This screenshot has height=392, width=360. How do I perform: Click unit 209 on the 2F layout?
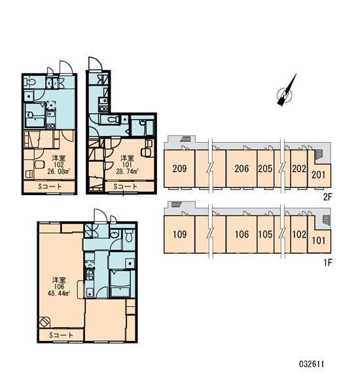[x=179, y=168]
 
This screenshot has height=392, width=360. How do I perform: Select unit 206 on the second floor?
[x=242, y=168]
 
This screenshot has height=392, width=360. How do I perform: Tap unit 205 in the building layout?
[x=265, y=168]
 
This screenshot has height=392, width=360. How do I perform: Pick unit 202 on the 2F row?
[x=299, y=168]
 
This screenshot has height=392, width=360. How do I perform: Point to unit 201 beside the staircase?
[x=319, y=175]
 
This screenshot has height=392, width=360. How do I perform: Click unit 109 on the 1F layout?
[x=179, y=234]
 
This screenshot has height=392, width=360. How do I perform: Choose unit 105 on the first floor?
[x=265, y=234]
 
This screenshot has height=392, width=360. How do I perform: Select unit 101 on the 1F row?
[x=319, y=240]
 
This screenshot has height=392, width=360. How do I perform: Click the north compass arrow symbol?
[x=287, y=92]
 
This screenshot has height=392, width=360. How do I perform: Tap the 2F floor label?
[x=327, y=197]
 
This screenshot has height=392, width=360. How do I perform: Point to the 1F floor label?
[x=327, y=262]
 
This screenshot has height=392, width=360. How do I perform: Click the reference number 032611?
[x=312, y=364]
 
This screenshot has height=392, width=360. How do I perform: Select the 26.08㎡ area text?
[x=58, y=171]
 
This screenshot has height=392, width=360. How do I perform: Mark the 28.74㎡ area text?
[x=127, y=171]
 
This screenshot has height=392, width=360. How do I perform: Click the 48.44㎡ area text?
[x=59, y=293]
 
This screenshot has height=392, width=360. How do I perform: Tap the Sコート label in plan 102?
[x=50, y=187]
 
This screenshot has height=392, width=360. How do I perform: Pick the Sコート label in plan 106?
[x=62, y=335]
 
